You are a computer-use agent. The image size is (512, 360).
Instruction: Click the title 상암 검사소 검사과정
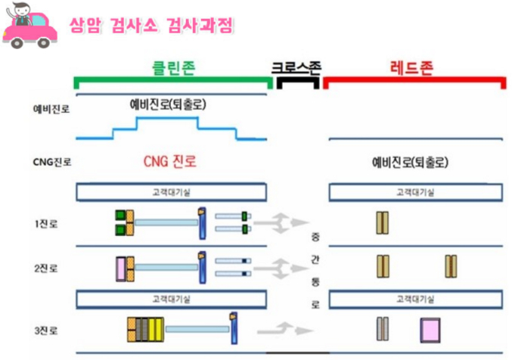pyautogui.click(x=151, y=25)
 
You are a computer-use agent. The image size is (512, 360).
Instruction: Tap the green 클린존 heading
pyautogui.click(x=172, y=67)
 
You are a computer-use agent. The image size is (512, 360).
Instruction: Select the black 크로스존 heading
pyautogui.click(x=296, y=67)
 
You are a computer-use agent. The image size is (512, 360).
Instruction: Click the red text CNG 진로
pyautogui.click(x=174, y=162)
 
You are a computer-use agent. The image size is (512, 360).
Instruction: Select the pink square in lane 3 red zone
pyautogui.click(x=430, y=330)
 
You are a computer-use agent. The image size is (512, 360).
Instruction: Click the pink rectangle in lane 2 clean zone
pyautogui.click(x=119, y=267)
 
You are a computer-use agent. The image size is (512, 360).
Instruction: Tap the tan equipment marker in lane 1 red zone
pyautogui.click(x=383, y=222)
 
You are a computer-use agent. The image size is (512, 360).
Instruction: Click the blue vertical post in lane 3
pyautogui.click(x=234, y=327)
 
